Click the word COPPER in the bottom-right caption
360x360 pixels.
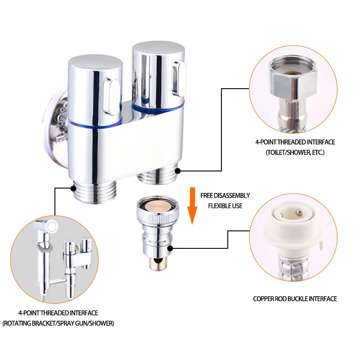click(x=263, y=299)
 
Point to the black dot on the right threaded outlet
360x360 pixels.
click(x=178, y=171)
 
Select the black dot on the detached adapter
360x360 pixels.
click(x=170, y=248)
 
